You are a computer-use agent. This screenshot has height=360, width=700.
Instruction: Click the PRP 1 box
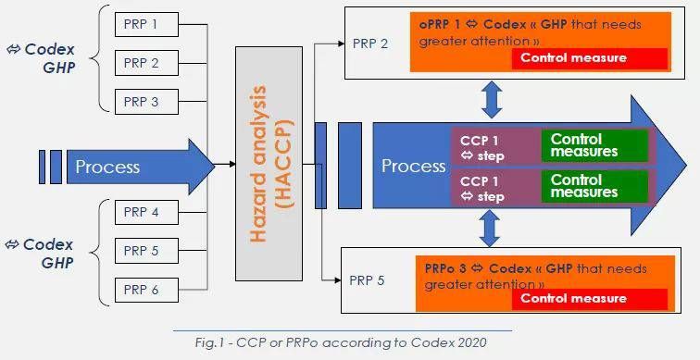[x=142, y=23]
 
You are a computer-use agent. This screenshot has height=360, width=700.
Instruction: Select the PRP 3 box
[x=142, y=102]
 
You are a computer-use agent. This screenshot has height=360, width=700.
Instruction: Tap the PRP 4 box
[x=142, y=213]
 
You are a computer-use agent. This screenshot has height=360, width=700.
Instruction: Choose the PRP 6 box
[x=142, y=290]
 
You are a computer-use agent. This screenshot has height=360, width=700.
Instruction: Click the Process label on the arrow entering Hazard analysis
[x=107, y=167]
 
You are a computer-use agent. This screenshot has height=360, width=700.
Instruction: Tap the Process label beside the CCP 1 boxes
[x=413, y=167]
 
